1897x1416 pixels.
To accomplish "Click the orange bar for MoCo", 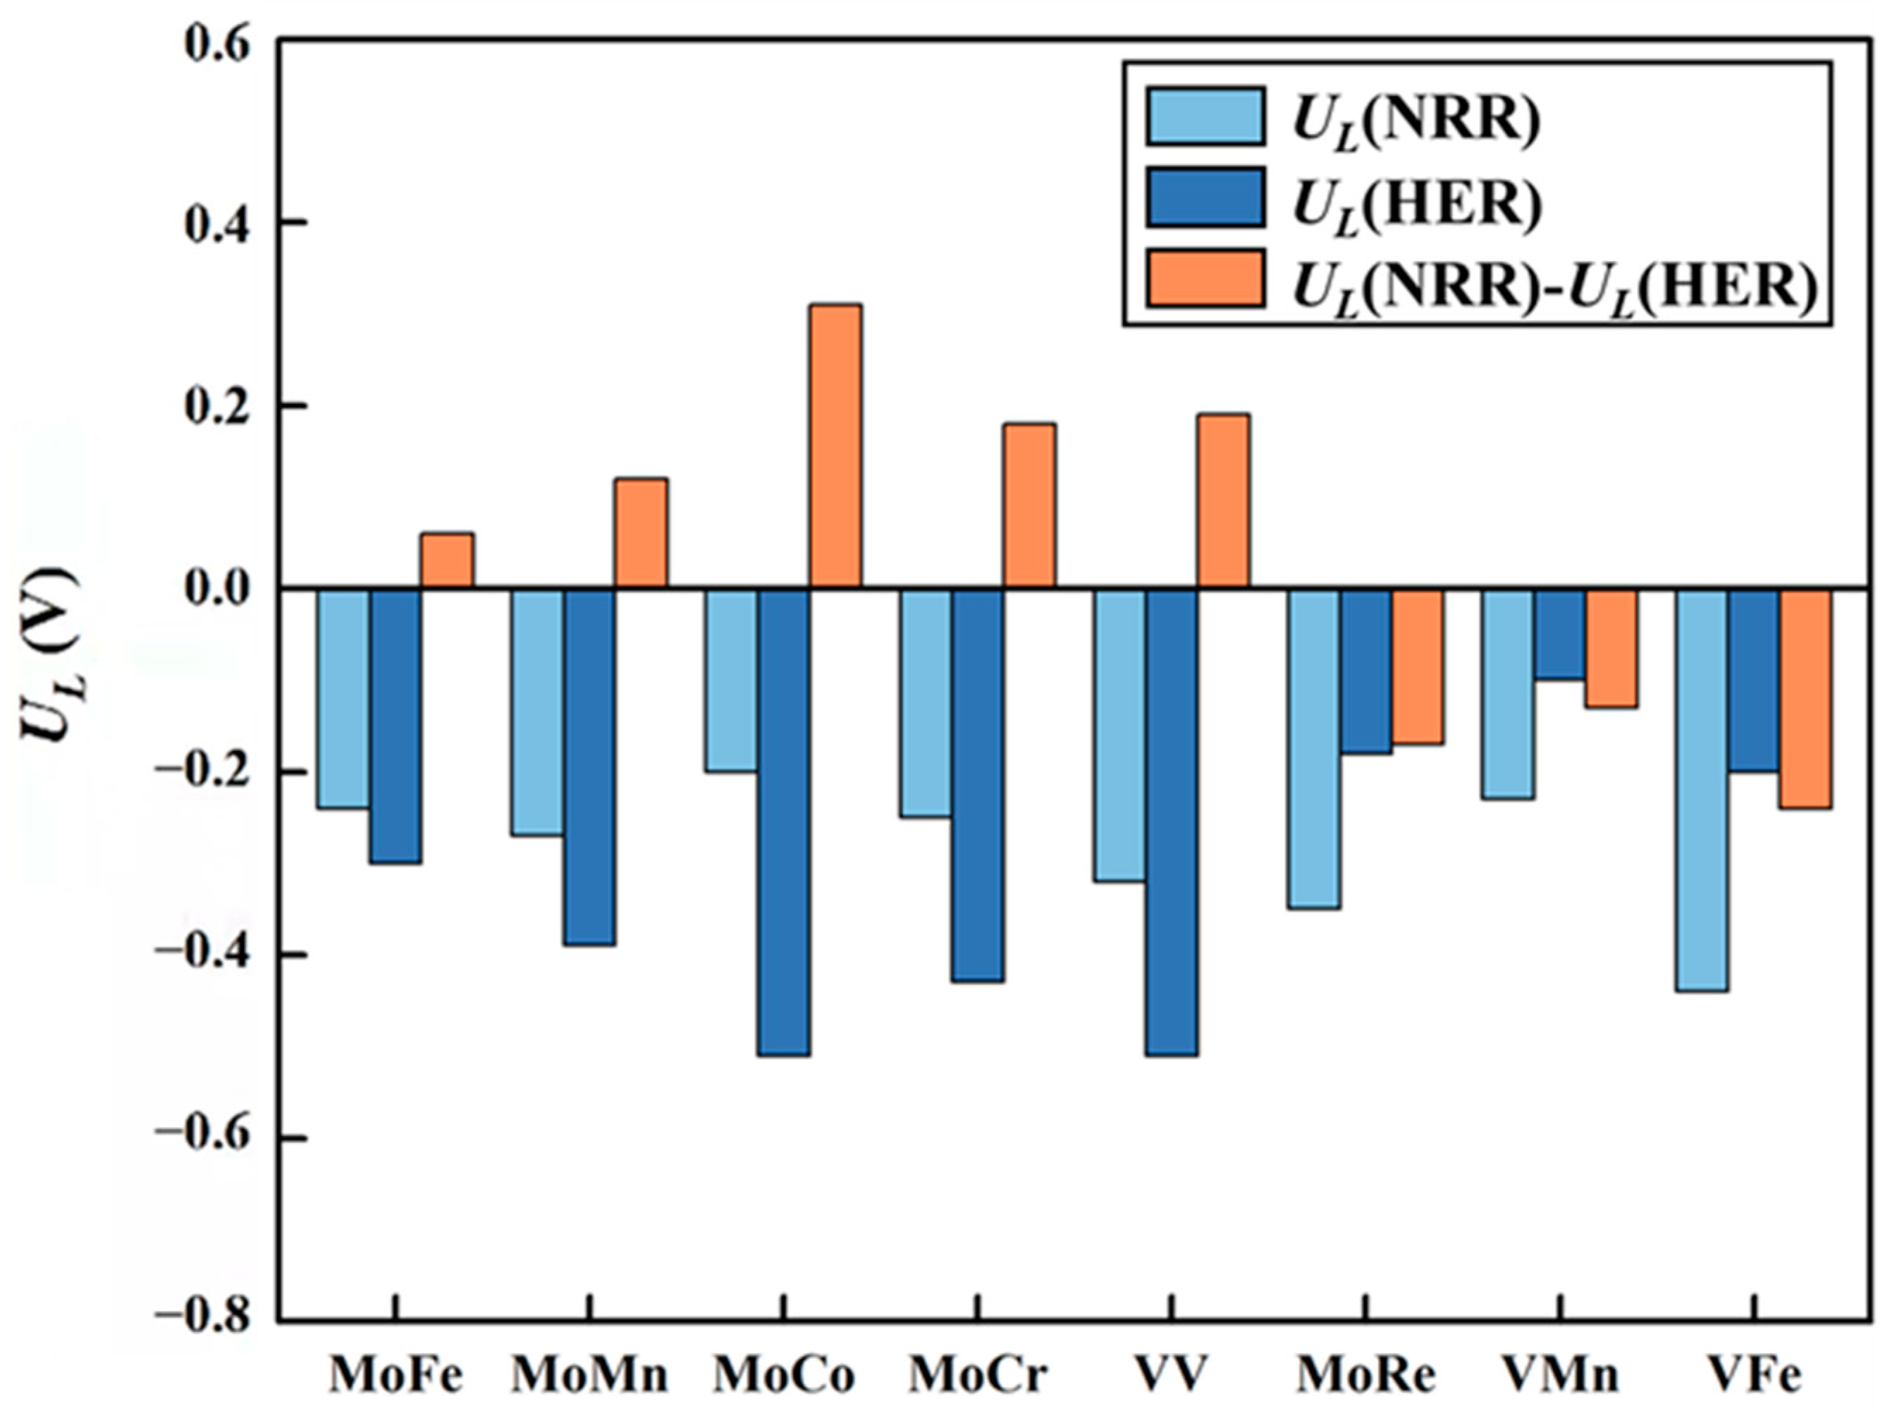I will (x=835, y=446).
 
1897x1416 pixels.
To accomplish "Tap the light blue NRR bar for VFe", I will (x=1702, y=788).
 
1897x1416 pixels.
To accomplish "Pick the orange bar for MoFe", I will (x=446, y=561).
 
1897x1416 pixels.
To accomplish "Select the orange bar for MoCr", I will (x=1029, y=506).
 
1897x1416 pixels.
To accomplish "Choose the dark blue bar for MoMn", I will (x=589, y=767).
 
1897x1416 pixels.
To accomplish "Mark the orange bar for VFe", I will (x=1805, y=697).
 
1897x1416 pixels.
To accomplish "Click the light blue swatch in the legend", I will (x=1205, y=115).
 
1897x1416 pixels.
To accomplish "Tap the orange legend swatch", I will (x=1205, y=279).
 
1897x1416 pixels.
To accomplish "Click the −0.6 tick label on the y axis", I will (x=202, y=1139).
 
